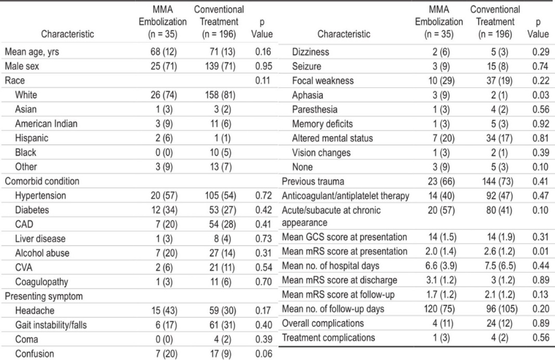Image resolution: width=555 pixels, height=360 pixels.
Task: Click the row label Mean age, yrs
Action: click(x=32, y=52)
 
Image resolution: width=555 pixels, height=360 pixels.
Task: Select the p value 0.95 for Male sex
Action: click(x=263, y=66)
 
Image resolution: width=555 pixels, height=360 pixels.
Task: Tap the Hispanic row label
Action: click(x=32, y=138)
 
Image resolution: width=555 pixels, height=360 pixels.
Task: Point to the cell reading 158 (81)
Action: click(x=220, y=95)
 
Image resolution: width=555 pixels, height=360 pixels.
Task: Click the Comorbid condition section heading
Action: click(x=42, y=181)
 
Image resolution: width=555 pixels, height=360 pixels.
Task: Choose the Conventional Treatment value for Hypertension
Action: click(x=221, y=196)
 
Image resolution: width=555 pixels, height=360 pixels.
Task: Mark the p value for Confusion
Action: click(x=263, y=354)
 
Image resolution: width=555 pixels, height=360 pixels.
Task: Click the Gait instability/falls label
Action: click(x=51, y=325)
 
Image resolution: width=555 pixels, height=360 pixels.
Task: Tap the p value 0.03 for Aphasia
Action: click(x=540, y=95)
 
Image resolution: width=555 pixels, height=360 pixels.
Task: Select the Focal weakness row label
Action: click(x=323, y=81)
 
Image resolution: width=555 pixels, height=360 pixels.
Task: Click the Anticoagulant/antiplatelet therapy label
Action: click(x=346, y=196)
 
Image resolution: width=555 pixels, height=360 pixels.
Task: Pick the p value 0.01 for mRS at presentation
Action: click(x=540, y=251)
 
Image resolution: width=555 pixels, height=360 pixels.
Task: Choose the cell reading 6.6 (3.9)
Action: click(x=441, y=266)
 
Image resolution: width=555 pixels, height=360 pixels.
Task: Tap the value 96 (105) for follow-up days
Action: click(x=501, y=309)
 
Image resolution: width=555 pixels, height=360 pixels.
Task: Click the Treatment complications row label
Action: click(x=328, y=338)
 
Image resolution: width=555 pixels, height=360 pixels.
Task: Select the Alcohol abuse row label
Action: click(x=42, y=253)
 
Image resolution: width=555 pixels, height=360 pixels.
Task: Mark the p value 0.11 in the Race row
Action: click(x=262, y=80)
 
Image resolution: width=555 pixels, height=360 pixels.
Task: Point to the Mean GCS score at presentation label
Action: click(x=344, y=237)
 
